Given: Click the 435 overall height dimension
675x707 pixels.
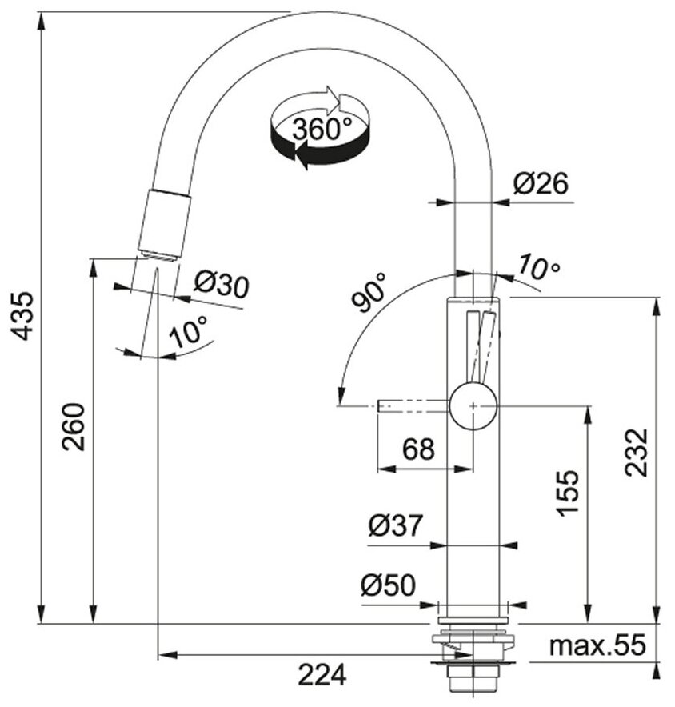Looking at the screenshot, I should click(24, 316).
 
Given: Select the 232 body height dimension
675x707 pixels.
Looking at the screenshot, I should click(636, 453).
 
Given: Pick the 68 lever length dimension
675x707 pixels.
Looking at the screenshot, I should click(418, 449).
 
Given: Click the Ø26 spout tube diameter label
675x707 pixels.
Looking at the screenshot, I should click(541, 185).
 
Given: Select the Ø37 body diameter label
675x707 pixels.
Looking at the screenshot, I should click(395, 526).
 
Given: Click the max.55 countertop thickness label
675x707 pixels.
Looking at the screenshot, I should click(597, 645).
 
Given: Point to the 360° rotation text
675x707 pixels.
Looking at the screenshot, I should click(322, 129).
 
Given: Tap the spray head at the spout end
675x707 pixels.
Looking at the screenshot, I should click(166, 225).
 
